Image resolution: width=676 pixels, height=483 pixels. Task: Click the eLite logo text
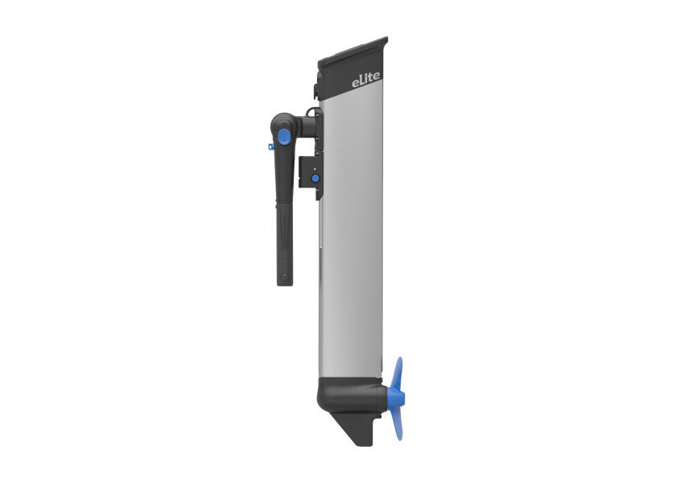366,80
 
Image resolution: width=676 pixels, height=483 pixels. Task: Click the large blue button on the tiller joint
284,136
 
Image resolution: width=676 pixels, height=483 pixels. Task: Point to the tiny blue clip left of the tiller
270,147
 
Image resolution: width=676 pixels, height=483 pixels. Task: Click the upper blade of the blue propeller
399,373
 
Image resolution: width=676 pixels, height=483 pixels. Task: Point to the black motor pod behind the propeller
350,394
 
